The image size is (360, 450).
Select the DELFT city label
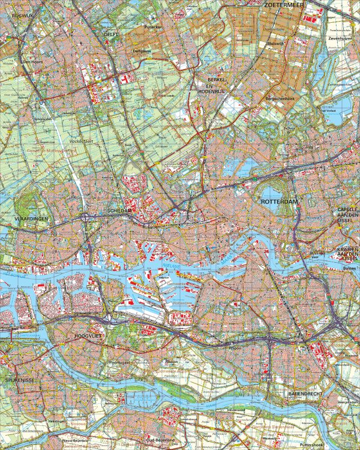[112, 35]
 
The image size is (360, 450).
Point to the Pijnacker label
[154, 27]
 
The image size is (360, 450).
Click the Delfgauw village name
[142, 52]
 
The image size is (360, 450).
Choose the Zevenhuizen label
[340, 38]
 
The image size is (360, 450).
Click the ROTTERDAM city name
[280, 203]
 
